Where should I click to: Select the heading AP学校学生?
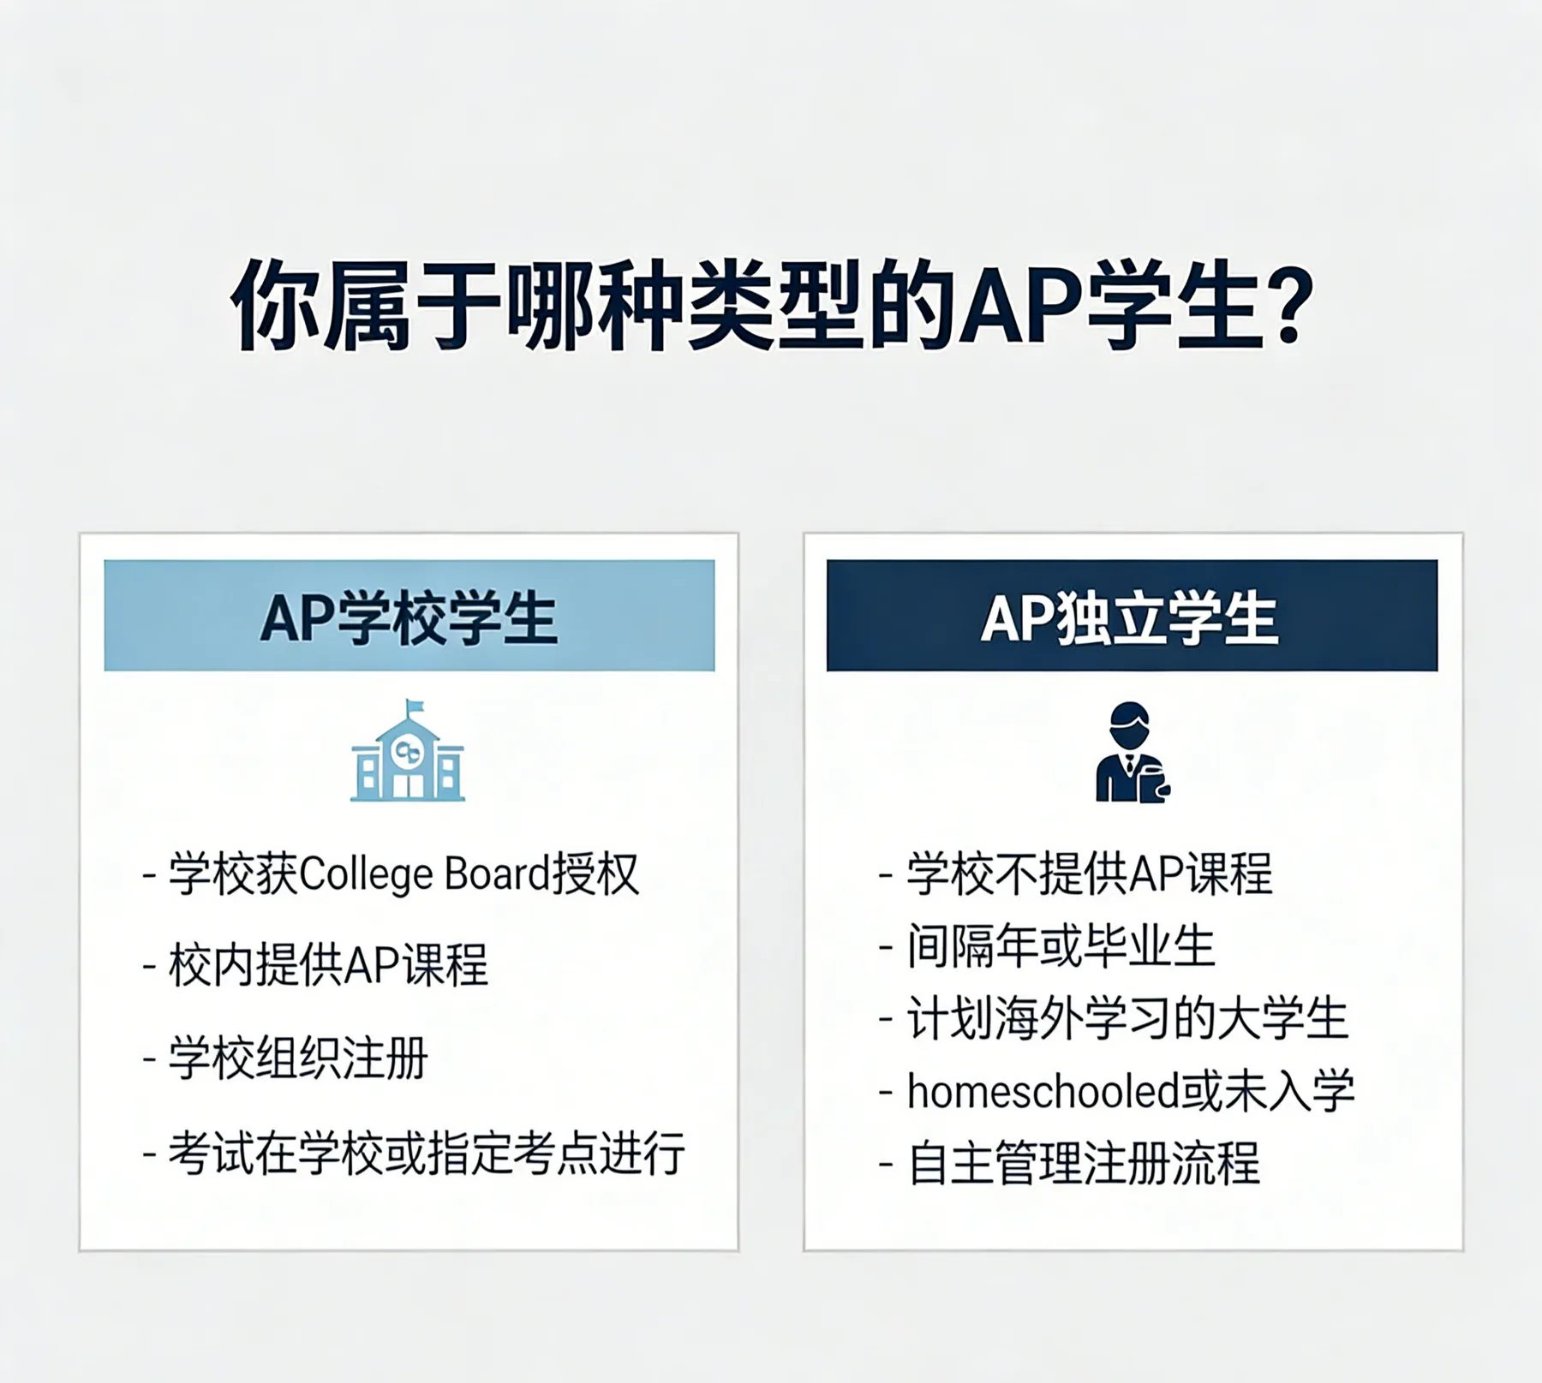(x=409, y=618)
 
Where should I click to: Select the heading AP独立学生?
(x=1130, y=618)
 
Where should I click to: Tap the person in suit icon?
(x=1133, y=753)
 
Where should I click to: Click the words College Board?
(x=425, y=875)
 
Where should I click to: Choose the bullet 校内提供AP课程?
(x=328, y=965)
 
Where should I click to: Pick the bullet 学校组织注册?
(x=297, y=1058)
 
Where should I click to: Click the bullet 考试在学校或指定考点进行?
(x=427, y=1153)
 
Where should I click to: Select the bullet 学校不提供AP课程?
(x=1090, y=873)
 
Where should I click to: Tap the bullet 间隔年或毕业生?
(x=1061, y=946)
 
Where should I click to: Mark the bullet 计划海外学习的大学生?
(x=1127, y=1019)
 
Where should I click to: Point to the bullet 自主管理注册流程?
(x=1084, y=1164)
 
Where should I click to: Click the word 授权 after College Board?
(x=595, y=874)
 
